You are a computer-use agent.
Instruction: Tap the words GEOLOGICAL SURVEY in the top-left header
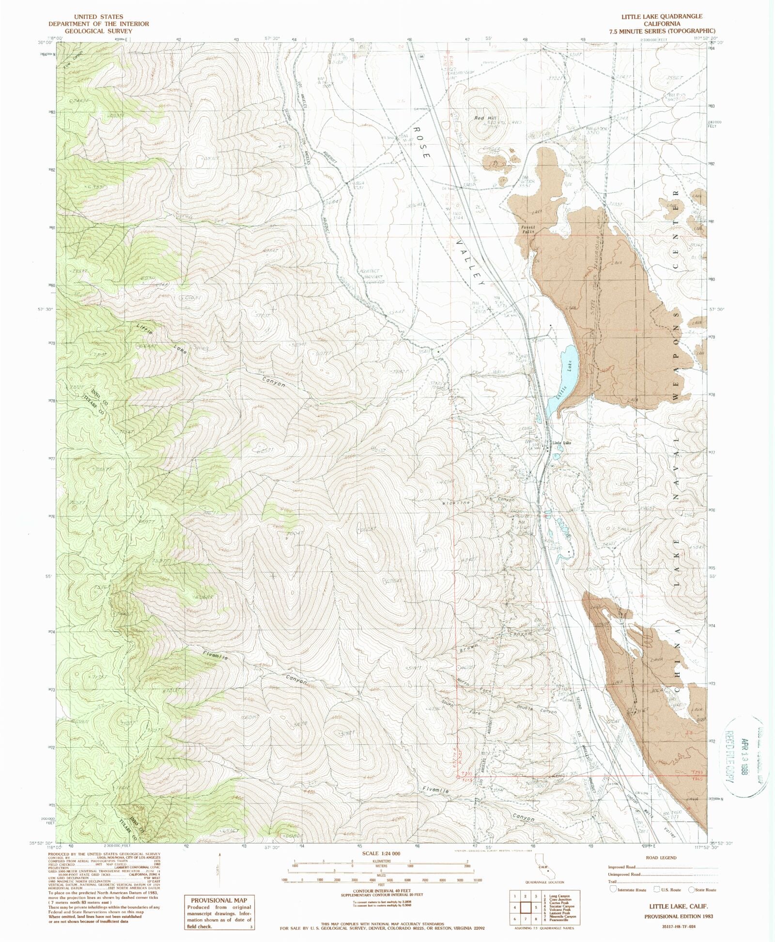coord(98,31)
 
